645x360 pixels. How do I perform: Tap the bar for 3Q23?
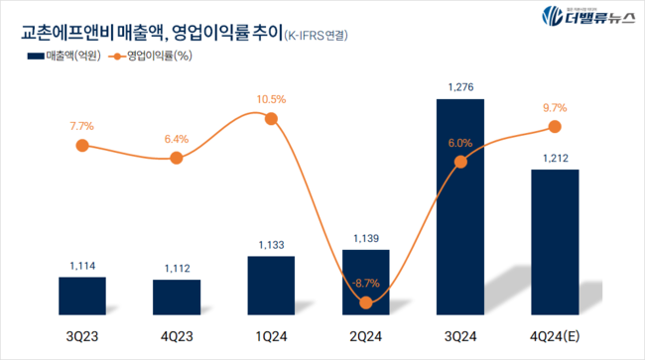pyautogui.click(x=82, y=295)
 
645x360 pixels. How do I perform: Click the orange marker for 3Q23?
pyautogui.click(x=82, y=146)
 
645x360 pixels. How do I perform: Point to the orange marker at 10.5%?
pyautogui.click(x=271, y=118)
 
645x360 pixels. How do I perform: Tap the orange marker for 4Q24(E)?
pyautogui.click(x=555, y=127)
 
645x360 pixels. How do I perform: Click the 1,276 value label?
pyautogui.click(x=460, y=87)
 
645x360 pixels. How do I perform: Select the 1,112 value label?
pyautogui.click(x=177, y=268)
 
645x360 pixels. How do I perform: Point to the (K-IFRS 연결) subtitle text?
pyautogui.click(x=322, y=36)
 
